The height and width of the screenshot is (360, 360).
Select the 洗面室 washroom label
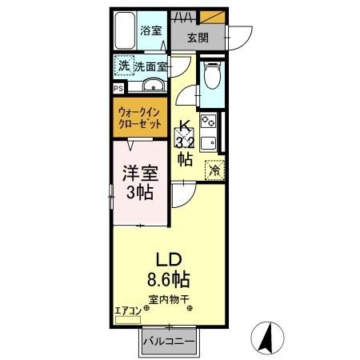(x=150, y=66)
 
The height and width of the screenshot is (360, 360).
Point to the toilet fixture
(x=211, y=79)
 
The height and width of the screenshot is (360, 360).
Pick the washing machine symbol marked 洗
(x=124, y=66)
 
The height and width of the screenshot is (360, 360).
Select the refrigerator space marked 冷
(x=214, y=169)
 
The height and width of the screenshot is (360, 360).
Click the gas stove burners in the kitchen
(x=209, y=122)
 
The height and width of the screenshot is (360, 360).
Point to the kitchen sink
(x=209, y=144)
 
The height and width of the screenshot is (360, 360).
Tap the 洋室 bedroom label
(x=140, y=173)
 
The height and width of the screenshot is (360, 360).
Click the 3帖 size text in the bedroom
(x=140, y=192)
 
